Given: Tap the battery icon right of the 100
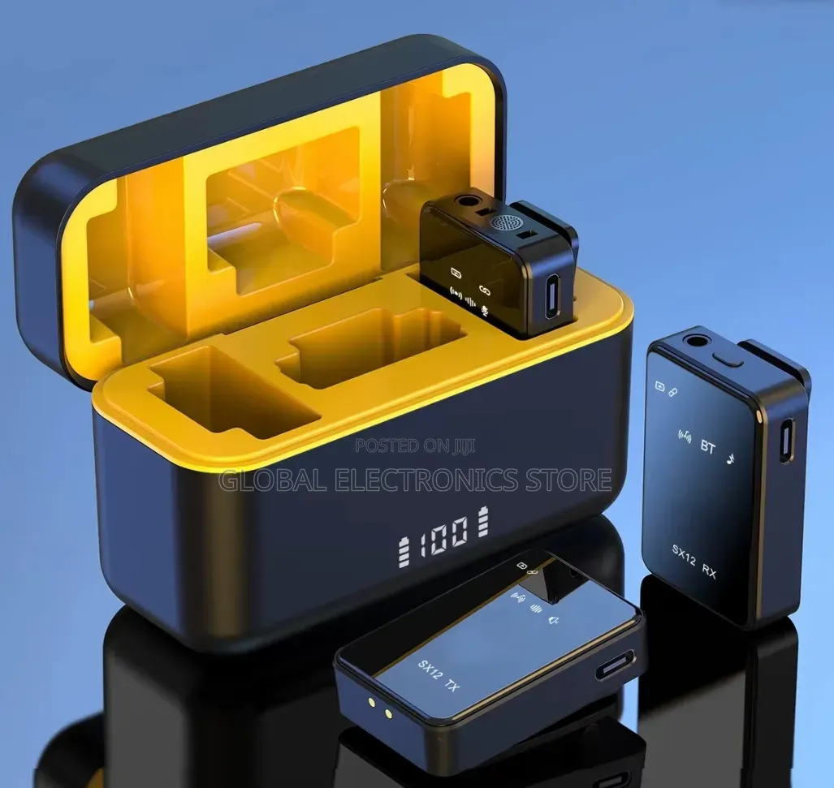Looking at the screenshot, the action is coord(483,521).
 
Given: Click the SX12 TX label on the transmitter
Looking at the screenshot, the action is coord(439,675).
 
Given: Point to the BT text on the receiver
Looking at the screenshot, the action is coord(707,447).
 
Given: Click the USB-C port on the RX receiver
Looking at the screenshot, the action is coord(786,441).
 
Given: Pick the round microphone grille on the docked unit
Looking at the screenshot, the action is coord(502,223).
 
